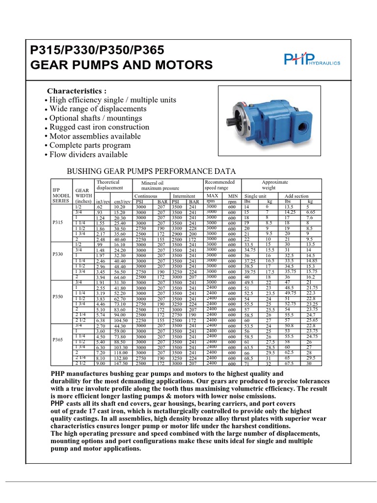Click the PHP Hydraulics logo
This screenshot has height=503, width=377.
click(312, 59)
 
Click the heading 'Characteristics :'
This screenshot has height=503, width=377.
click(76, 91)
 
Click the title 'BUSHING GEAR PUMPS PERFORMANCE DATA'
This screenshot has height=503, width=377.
click(151, 171)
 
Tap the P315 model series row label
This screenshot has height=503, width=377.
click(58, 222)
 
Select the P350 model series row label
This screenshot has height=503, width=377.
click(58, 297)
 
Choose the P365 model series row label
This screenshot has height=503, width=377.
click(58, 340)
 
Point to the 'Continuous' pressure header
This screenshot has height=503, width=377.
click(146, 195)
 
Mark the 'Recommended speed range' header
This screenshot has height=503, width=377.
click(219, 185)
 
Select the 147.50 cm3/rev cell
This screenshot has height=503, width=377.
click(120, 364)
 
